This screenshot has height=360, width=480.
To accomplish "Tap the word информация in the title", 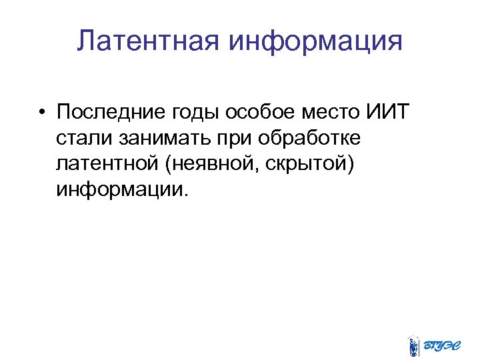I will point(316,41).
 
